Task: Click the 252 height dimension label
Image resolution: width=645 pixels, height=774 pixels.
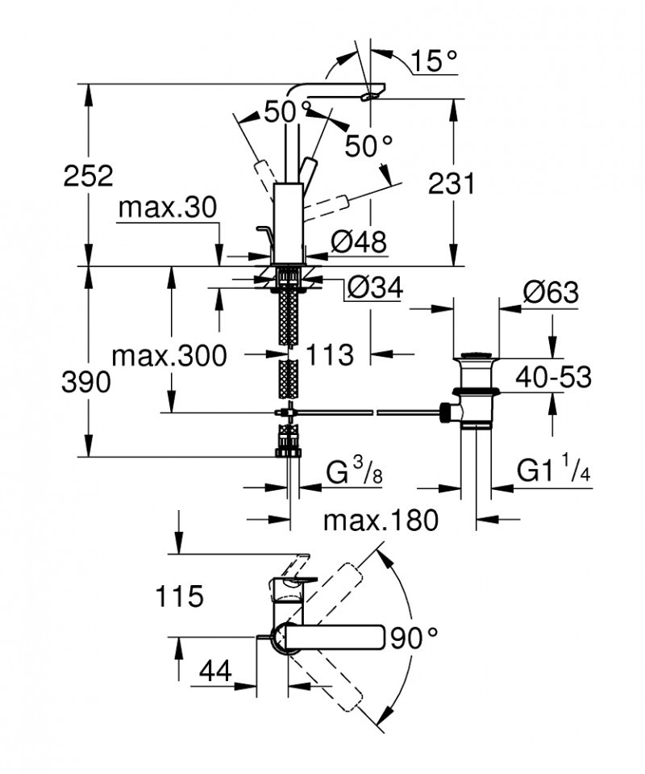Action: coord(89,177)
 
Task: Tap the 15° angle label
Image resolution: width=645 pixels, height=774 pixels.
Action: coord(433,61)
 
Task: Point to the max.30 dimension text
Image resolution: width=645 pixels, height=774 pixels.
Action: coord(167,208)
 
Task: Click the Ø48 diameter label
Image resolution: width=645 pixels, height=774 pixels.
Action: coord(359,240)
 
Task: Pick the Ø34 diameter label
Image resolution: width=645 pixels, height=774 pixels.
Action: coord(372,287)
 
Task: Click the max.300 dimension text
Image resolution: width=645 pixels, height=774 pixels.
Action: coord(169,354)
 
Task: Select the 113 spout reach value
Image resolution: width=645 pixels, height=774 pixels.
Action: coord(330,354)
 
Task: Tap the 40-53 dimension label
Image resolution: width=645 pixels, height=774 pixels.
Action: coord(553,376)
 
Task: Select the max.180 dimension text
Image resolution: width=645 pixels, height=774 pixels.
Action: coord(380,521)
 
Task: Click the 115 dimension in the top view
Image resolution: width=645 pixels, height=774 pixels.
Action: coord(181,598)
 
